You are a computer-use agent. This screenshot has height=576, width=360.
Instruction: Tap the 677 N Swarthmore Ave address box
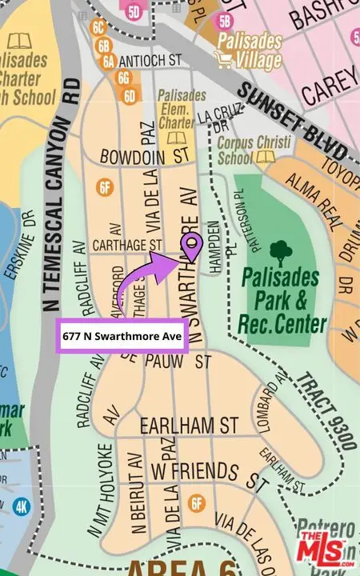[x=122, y=338]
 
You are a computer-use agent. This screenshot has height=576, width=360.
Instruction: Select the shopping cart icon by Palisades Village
[x=224, y=58]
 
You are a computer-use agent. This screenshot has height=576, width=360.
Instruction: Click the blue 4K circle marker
[x=22, y=506]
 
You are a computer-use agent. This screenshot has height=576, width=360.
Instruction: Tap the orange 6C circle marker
[x=99, y=26]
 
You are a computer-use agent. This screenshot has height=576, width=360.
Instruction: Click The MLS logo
[x=323, y=548]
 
